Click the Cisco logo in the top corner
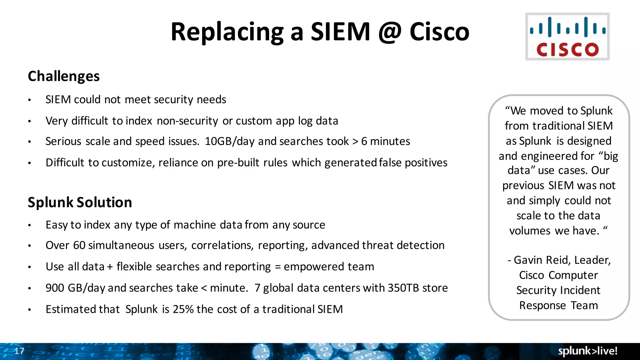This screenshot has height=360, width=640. [x=567, y=37]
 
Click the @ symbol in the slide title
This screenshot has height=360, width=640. [x=390, y=32]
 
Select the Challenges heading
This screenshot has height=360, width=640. [x=64, y=76]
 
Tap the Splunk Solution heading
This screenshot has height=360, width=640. [x=80, y=202]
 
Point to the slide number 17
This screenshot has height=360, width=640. [x=19, y=351]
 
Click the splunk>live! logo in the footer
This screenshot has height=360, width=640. [x=587, y=351]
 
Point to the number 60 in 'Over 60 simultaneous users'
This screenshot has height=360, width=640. [x=79, y=245]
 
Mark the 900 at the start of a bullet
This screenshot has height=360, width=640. [x=55, y=288]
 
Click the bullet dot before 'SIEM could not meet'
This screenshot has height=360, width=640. [x=29, y=100]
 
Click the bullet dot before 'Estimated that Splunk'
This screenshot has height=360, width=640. [x=29, y=310]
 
